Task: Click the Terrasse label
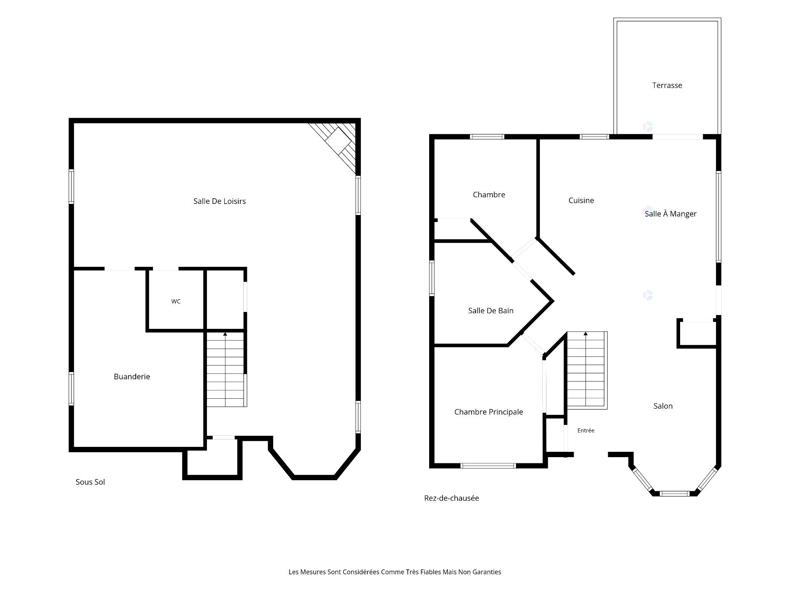[x=667, y=86]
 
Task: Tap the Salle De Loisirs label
[x=220, y=201]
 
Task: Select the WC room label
[x=176, y=301]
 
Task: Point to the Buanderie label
[x=132, y=377]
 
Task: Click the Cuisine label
[x=581, y=200]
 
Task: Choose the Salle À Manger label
[x=671, y=213]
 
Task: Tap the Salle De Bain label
[x=491, y=311]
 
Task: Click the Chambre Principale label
[x=488, y=412]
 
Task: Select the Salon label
[x=663, y=406]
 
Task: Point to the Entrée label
[x=586, y=430]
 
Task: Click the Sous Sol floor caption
[x=90, y=482]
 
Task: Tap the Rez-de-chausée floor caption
[x=451, y=498]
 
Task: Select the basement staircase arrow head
[x=225, y=334]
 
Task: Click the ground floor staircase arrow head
[x=586, y=333]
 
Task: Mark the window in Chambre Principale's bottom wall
[x=488, y=466]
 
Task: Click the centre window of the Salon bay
[x=674, y=493]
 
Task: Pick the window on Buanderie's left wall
[x=71, y=389]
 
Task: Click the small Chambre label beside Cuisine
[x=489, y=194]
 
